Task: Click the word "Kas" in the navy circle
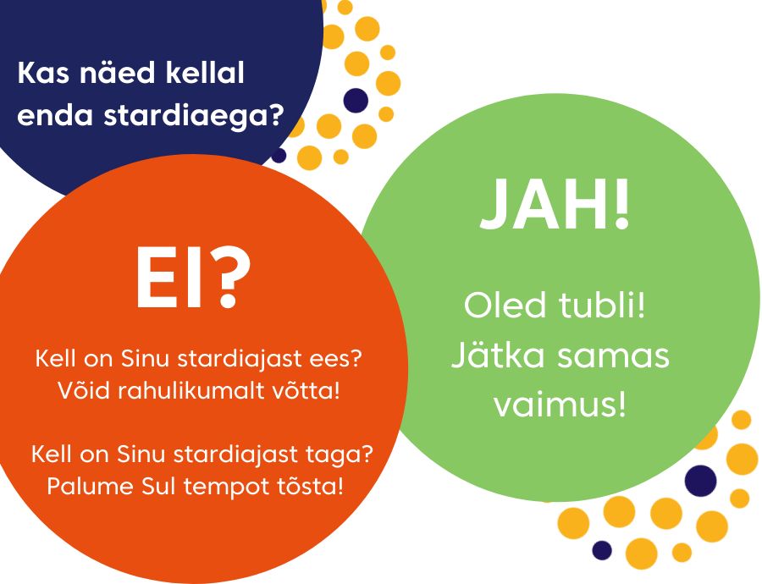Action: pyautogui.click(x=43, y=73)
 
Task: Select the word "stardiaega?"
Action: pyautogui.click(x=194, y=117)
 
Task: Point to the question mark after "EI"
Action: pyautogui.click(x=228, y=277)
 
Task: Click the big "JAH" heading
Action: pyautogui.click(x=544, y=204)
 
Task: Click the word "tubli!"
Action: pyautogui.click(x=602, y=305)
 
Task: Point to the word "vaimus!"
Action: pyautogui.click(x=560, y=405)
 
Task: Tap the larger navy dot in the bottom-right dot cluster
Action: pyautogui.click(x=700, y=481)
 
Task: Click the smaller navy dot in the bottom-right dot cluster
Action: pyautogui.click(x=602, y=550)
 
